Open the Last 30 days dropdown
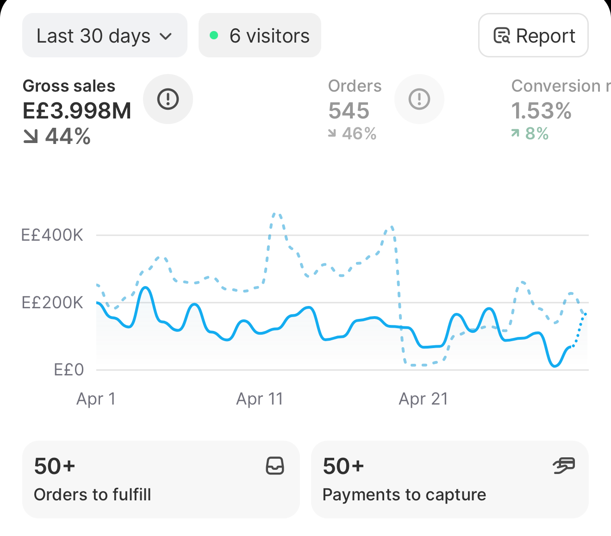tap(105, 35)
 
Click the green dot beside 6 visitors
tap(214, 35)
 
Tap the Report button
tap(533, 35)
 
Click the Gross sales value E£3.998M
tap(77, 111)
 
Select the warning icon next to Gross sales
tap(168, 99)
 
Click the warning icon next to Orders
tap(419, 99)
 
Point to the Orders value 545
tap(349, 111)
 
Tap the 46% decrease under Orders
tap(352, 133)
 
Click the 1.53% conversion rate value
tap(541, 111)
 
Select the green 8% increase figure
tap(530, 133)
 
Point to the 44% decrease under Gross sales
tap(56, 137)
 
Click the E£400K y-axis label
tap(52, 235)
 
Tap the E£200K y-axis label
tap(52, 302)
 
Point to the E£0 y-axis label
tap(69, 369)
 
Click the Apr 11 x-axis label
tap(260, 399)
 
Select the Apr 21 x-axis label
tap(423, 399)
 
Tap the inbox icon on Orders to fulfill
tap(275, 466)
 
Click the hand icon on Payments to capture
tap(564, 466)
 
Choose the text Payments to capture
tap(404, 495)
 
